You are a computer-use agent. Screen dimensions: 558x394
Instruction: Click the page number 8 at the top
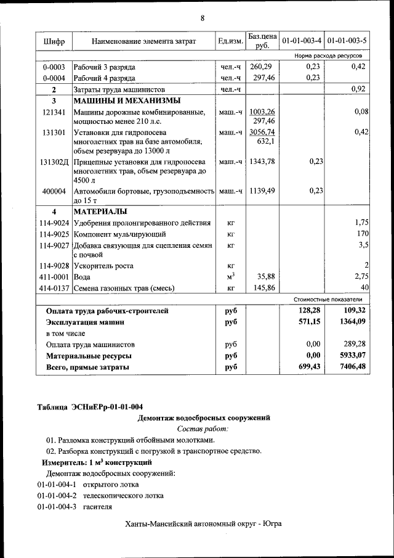click(201, 17)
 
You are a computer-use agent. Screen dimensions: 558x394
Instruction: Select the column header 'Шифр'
click(54, 41)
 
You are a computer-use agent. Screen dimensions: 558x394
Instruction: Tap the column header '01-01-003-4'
click(302, 41)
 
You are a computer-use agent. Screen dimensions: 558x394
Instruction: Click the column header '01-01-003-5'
click(347, 41)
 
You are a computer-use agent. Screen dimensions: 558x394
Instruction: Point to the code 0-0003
click(54, 67)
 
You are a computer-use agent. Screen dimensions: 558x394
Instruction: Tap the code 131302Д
click(54, 162)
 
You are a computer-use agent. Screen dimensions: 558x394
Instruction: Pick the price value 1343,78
click(262, 162)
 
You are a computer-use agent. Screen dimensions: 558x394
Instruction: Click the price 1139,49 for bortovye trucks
click(262, 191)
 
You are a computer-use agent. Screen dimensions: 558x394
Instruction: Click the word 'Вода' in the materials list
click(82, 277)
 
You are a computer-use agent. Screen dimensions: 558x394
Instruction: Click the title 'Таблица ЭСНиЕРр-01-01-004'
click(90, 406)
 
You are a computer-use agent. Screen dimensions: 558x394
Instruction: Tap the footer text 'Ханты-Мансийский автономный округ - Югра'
click(203, 524)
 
